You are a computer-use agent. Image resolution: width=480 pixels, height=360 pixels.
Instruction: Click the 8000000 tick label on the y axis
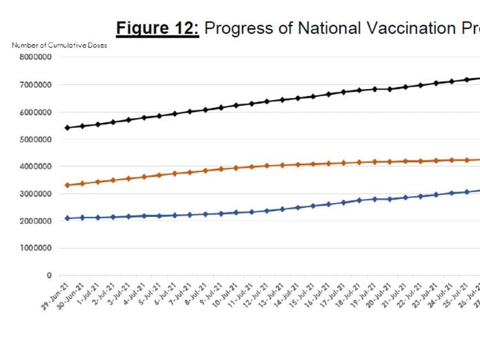click(x=36, y=57)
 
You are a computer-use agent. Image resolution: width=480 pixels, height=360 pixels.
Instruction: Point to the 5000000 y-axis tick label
click(x=36, y=139)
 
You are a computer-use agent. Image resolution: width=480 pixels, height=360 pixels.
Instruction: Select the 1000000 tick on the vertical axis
click(x=36, y=248)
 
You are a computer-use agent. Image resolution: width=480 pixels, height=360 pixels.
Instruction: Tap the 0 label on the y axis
click(x=49, y=275)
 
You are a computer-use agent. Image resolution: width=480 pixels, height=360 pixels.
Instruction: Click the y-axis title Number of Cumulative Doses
click(x=60, y=45)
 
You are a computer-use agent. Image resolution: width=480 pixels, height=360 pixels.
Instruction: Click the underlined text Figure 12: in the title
click(x=157, y=28)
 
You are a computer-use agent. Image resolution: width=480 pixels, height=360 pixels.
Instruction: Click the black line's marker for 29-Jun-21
click(x=67, y=127)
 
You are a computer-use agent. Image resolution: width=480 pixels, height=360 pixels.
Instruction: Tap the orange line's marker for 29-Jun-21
click(x=67, y=185)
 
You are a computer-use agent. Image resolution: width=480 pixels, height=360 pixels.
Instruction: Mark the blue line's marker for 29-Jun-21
click(x=67, y=218)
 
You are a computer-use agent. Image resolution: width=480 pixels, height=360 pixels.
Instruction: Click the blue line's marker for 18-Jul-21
click(x=359, y=200)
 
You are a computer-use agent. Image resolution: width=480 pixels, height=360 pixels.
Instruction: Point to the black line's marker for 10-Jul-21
click(x=235, y=105)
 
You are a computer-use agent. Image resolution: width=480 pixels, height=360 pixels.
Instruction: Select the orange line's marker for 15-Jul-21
click(x=312, y=164)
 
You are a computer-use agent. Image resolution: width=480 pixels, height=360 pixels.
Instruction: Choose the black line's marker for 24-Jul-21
click(x=451, y=82)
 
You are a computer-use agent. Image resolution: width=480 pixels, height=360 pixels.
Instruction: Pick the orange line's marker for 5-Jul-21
click(x=159, y=175)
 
